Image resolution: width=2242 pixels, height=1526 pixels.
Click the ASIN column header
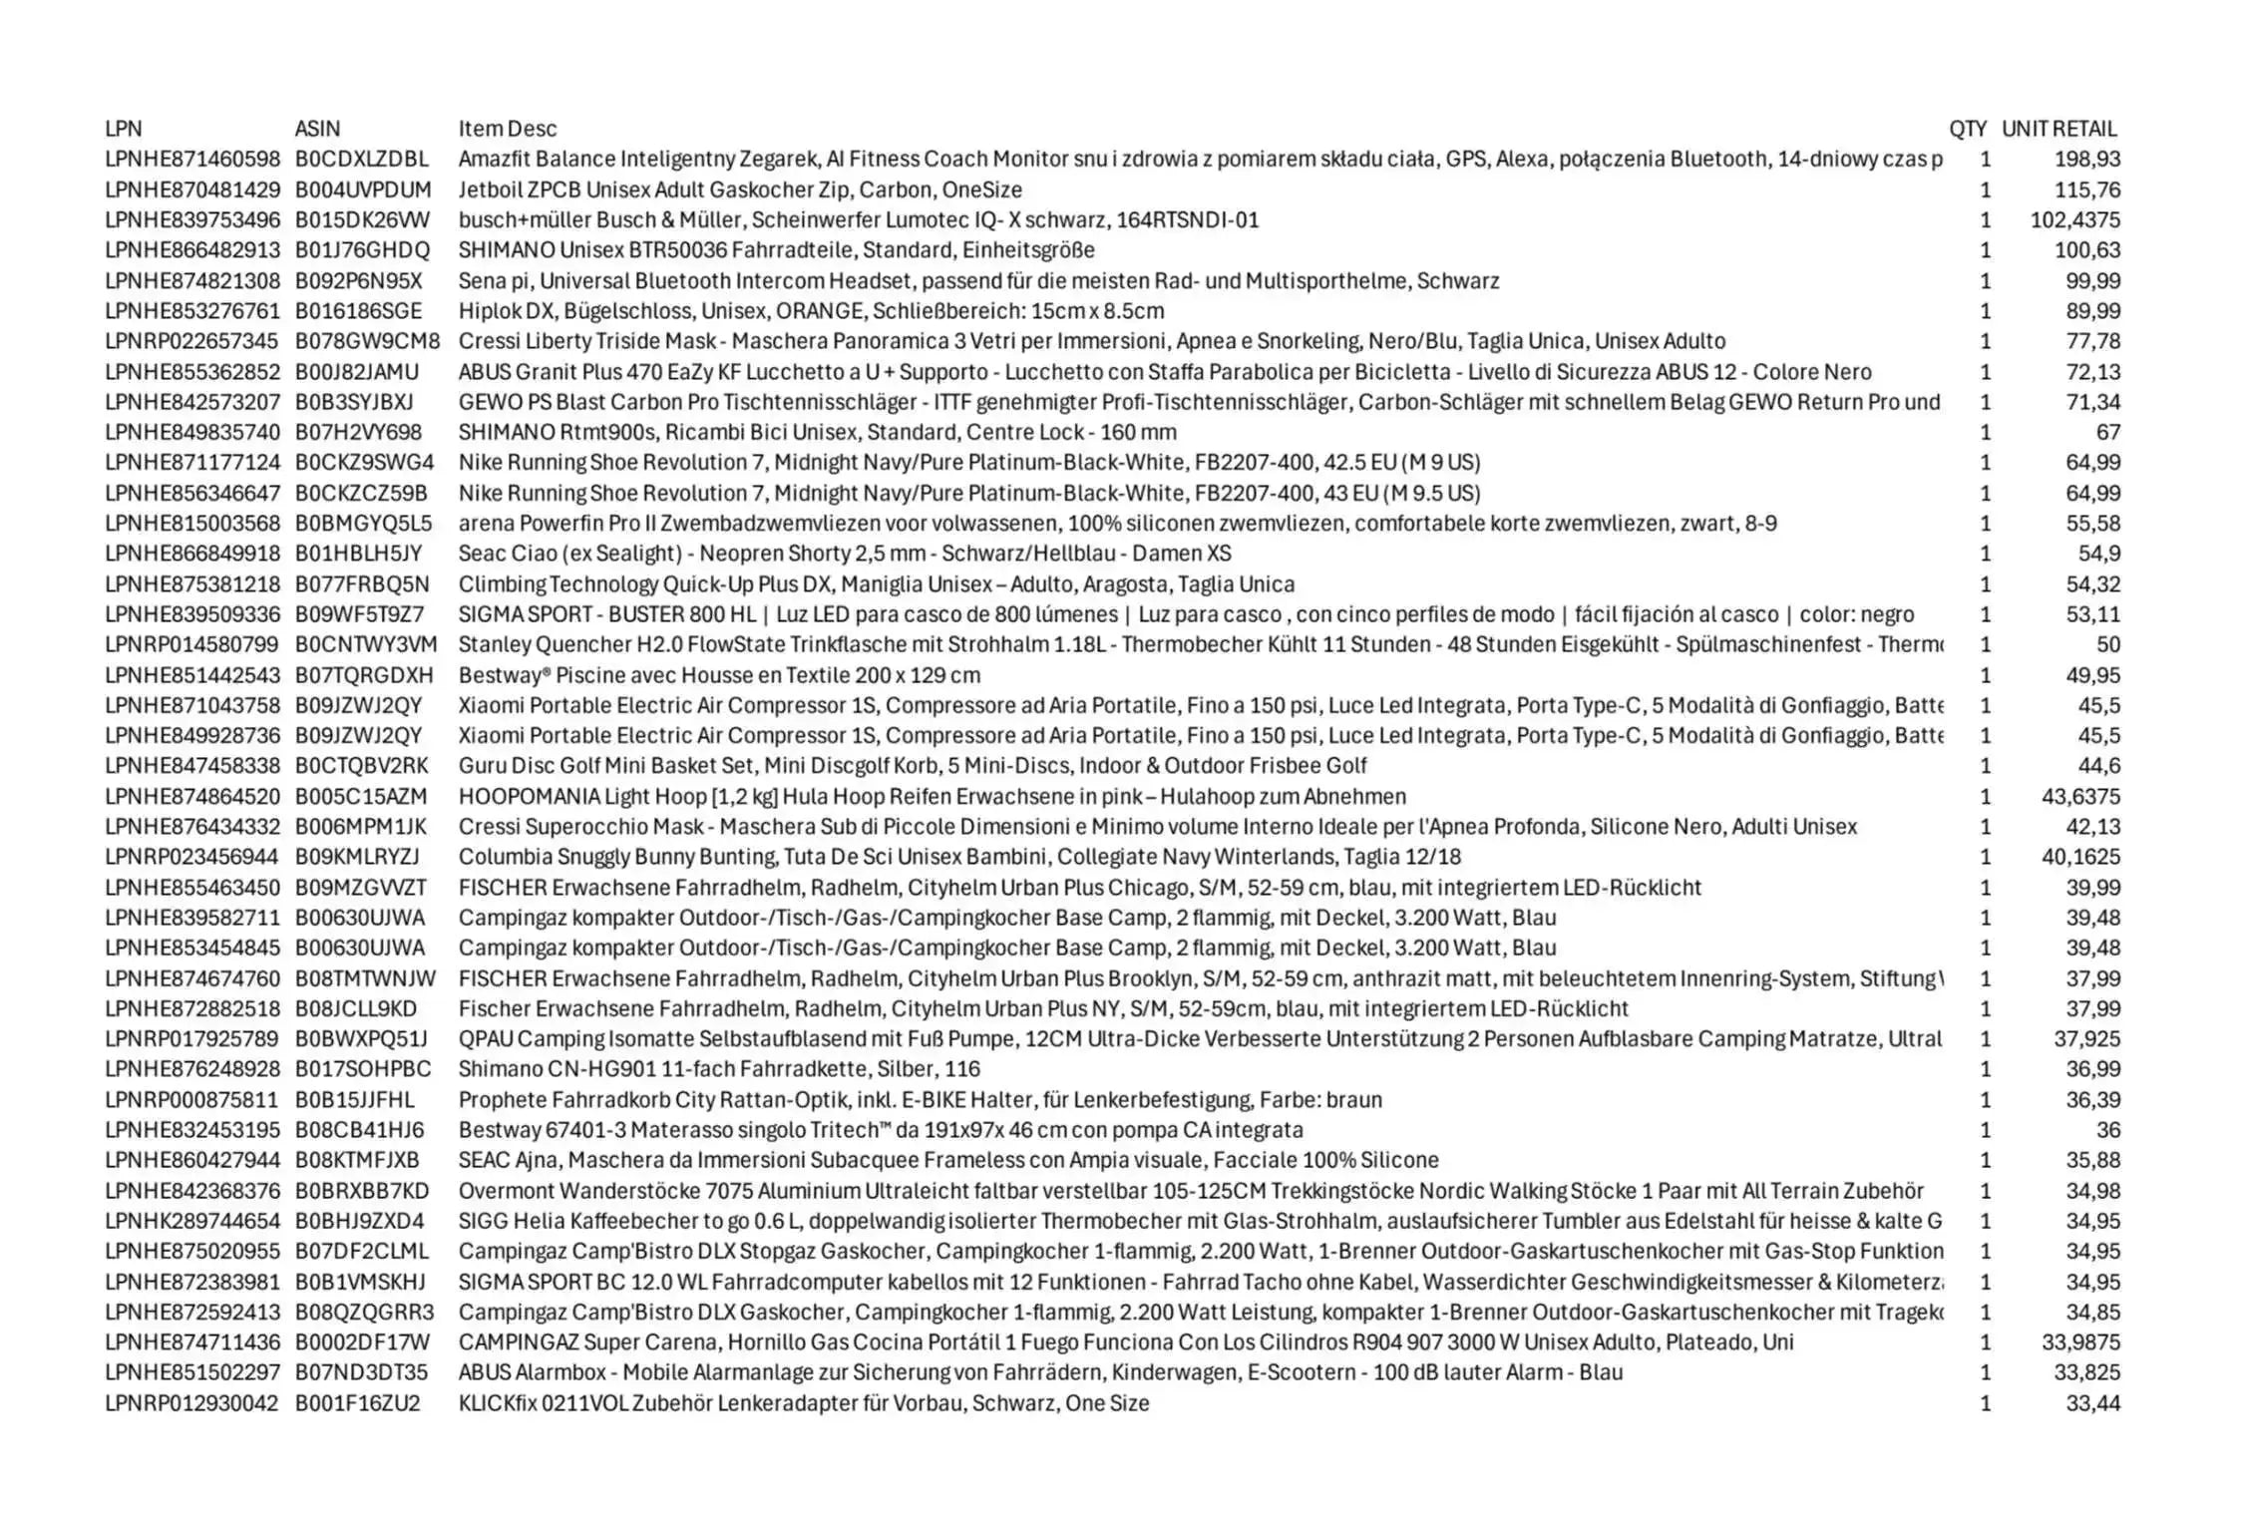[x=317, y=129]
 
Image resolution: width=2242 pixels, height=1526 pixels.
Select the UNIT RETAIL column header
[x=2058, y=129]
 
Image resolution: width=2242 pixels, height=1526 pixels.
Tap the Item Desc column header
[x=507, y=129]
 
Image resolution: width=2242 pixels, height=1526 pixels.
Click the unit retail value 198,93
[x=2086, y=160]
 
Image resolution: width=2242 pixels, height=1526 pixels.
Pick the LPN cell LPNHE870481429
[x=192, y=190]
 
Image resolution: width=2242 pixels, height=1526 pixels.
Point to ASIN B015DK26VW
[x=362, y=219]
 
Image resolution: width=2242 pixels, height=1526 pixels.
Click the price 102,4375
[x=2074, y=219]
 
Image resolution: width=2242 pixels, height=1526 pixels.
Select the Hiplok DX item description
[x=811, y=311]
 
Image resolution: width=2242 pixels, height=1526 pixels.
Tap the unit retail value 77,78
[x=2092, y=341]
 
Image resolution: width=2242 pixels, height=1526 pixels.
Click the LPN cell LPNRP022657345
[x=191, y=341]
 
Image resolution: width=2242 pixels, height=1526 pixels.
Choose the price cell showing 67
[x=2106, y=432]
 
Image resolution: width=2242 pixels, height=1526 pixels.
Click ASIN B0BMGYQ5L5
[x=363, y=524]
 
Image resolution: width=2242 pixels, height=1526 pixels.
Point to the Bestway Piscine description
[x=719, y=675]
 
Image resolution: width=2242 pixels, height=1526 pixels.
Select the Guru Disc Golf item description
[x=912, y=766]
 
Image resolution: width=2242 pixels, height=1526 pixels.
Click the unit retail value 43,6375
[x=2080, y=797]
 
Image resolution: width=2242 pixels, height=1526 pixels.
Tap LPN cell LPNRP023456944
[x=191, y=857]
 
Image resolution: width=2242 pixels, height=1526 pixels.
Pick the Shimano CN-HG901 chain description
[x=719, y=1069]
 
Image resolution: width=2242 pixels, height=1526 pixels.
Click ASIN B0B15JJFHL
[x=354, y=1100]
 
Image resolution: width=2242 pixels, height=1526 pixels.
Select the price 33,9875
[x=2080, y=1342]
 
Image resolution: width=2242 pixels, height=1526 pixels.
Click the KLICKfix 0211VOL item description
[x=803, y=1403]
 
